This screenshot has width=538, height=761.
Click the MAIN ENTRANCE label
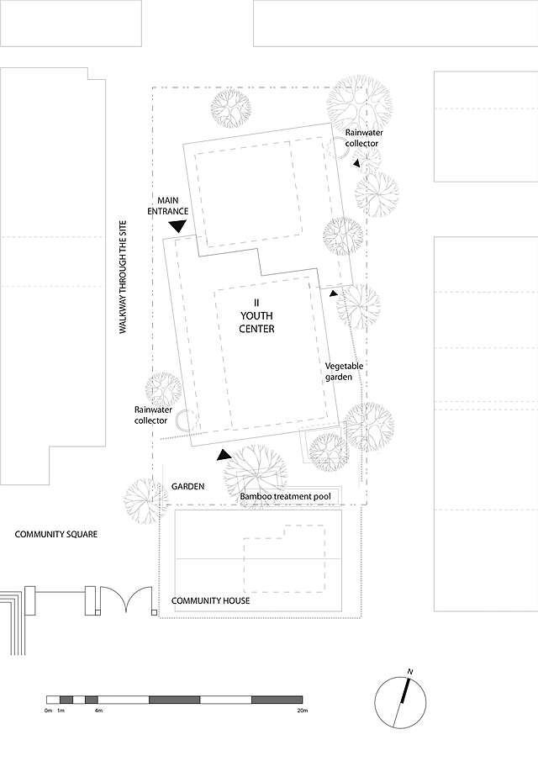[x=169, y=206]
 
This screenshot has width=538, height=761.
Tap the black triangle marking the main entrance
[x=177, y=225]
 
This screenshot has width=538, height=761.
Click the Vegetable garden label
[x=344, y=373]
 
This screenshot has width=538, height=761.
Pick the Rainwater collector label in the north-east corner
[x=361, y=138]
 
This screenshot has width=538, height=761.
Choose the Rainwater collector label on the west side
[x=150, y=415]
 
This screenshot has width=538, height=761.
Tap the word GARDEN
[x=187, y=487]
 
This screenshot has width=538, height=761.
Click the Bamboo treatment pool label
[x=285, y=497]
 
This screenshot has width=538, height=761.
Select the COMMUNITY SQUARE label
[x=56, y=534]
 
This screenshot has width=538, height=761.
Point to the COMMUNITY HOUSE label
[x=210, y=601]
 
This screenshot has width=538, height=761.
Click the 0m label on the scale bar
[x=49, y=711]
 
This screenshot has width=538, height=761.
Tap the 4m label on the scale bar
[x=98, y=711]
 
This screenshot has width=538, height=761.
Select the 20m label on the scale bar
[x=303, y=711]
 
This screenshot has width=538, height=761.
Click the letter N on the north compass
[x=410, y=671]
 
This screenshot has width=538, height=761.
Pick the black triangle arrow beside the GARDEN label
[x=224, y=455]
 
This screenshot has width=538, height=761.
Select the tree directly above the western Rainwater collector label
[x=162, y=388]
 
